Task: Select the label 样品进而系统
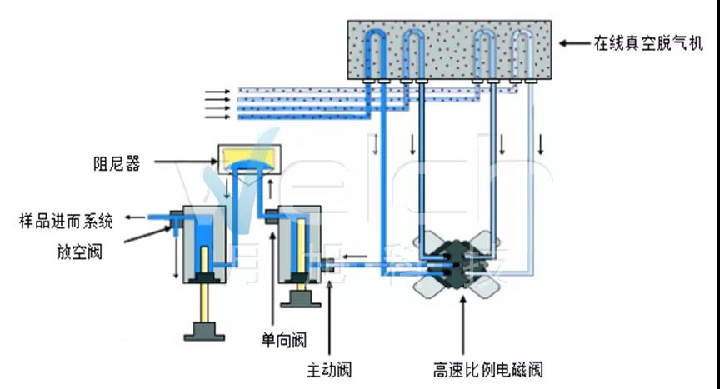pyautogui.click(x=66, y=220)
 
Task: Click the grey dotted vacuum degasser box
pyautogui.click(x=451, y=50)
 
